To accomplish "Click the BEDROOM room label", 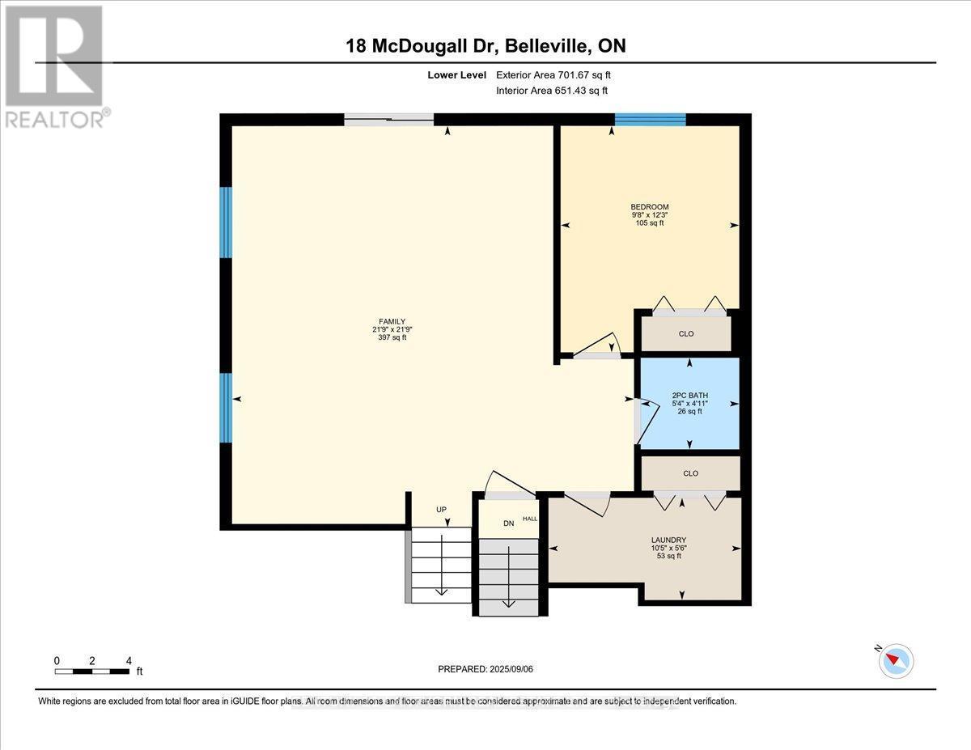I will (x=651, y=207).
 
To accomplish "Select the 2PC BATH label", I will (x=689, y=396).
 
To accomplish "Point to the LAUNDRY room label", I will (x=668, y=540).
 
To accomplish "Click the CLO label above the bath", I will (x=688, y=333).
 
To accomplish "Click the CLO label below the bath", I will (x=690, y=473).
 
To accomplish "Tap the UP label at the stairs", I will (x=441, y=510).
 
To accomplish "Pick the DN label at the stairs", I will (x=509, y=523).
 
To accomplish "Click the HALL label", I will (x=530, y=519).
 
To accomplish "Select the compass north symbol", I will (x=896, y=660).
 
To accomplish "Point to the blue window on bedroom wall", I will (x=650, y=120).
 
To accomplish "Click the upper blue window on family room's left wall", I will (x=227, y=222).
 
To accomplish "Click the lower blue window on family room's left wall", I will (x=227, y=408).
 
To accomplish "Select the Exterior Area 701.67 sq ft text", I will (x=558, y=74).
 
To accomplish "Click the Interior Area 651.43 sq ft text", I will (x=552, y=91).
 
